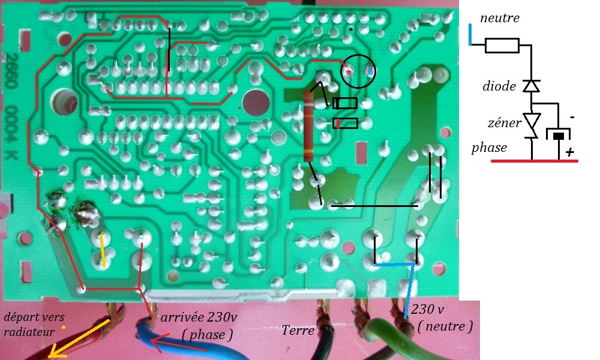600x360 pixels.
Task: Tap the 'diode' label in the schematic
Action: click(x=499, y=86)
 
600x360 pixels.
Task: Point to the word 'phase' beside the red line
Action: click(x=489, y=147)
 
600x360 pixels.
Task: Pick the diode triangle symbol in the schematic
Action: click(x=531, y=86)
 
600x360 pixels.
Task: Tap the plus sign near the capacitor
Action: click(x=569, y=152)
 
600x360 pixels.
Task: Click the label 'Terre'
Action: click(x=297, y=329)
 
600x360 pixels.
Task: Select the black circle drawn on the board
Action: click(x=358, y=71)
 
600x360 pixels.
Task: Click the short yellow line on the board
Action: click(x=103, y=250)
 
